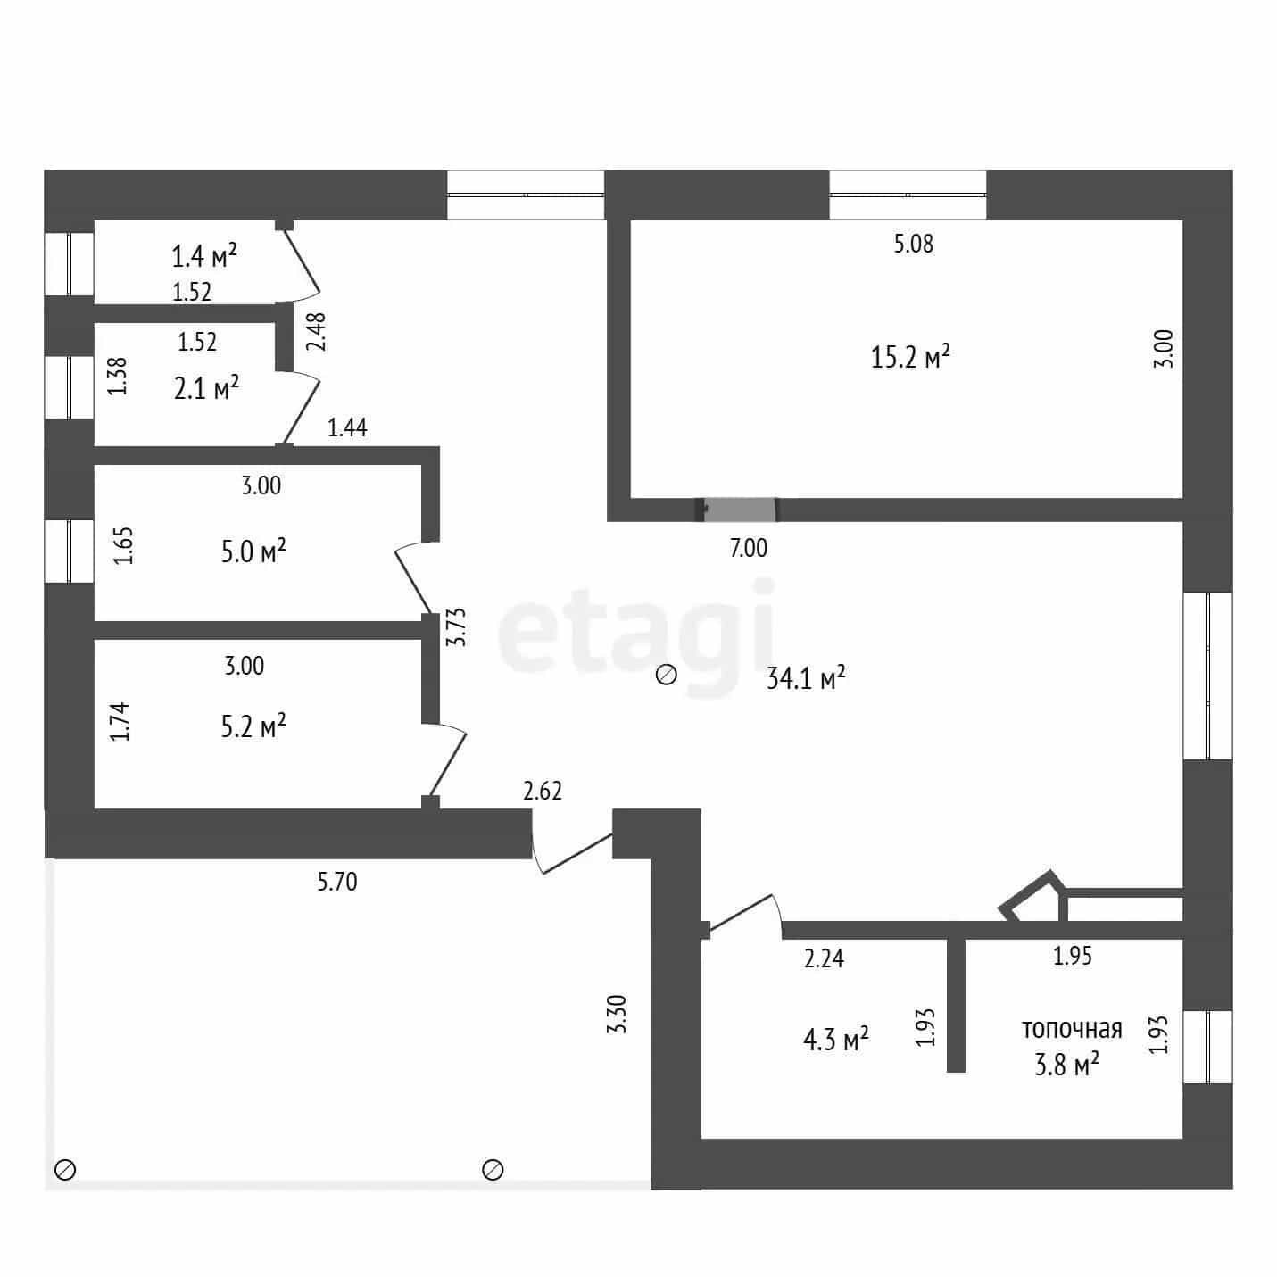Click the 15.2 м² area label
coord(910,357)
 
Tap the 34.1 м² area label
coord(806,677)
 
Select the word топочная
coord(1072,1030)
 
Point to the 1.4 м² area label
coord(204,255)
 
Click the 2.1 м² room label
coord(206,387)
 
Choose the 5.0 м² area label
coord(253,551)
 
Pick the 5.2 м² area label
coord(253,726)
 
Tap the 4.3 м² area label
coord(835,1039)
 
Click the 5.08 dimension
coord(913,244)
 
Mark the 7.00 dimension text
coord(748,548)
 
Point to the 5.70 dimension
coord(337,882)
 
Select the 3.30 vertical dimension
coord(617,1015)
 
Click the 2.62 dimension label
coord(542,791)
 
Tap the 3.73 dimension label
coord(456,627)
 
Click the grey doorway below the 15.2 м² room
coord(739,510)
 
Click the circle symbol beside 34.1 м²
coord(666,675)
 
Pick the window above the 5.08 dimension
coord(908,195)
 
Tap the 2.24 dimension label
coord(824,958)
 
